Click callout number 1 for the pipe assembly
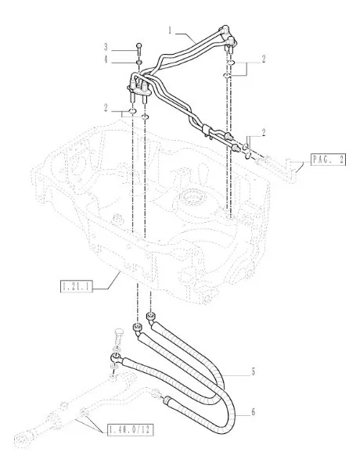click(x=170, y=30)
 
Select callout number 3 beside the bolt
click(x=106, y=47)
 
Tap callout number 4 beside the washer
click(x=106, y=59)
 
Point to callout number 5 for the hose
click(x=253, y=371)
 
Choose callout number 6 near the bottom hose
click(x=253, y=412)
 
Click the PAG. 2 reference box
click(x=328, y=160)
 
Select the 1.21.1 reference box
click(x=77, y=286)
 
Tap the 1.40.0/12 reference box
click(x=131, y=430)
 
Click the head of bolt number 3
click(x=139, y=45)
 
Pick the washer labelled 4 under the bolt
click(x=139, y=62)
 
